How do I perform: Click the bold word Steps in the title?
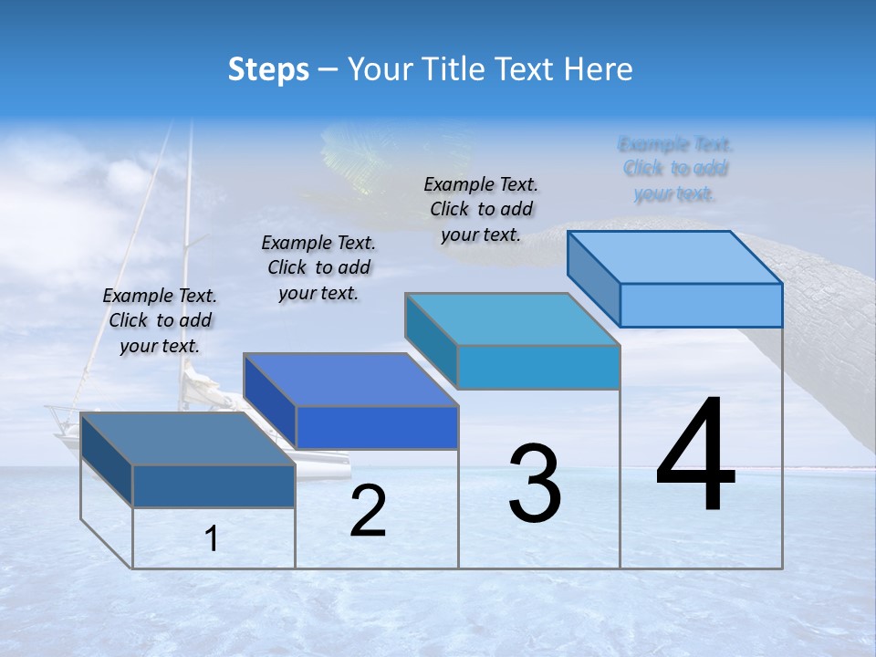point(268,69)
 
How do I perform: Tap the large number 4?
point(696,456)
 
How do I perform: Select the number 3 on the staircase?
point(535,484)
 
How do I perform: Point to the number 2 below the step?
point(368,511)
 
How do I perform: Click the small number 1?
point(212,539)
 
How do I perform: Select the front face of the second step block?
point(377,427)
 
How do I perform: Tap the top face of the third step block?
point(512,319)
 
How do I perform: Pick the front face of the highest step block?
point(701,305)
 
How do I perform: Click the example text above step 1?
point(160,320)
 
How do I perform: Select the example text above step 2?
point(318,267)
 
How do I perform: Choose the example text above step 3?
point(481,209)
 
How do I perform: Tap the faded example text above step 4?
point(675,169)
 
